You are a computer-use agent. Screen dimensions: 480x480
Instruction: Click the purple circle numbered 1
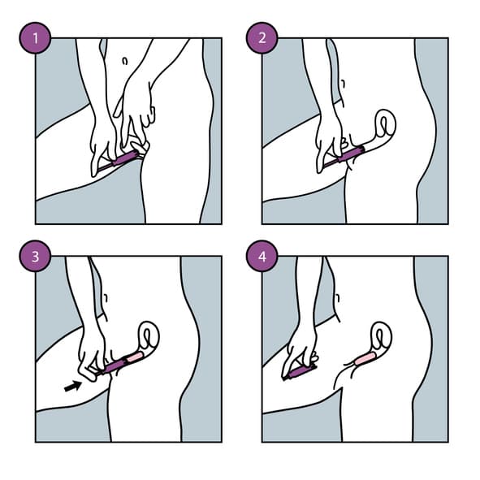tap(35, 38)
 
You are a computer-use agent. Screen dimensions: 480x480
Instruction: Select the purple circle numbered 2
tap(262, 38)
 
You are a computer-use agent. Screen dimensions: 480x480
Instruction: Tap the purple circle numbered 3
tap(35, 256)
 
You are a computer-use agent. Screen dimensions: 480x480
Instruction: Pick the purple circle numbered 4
tap(262, 256)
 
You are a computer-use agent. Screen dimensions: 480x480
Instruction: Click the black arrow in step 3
tap(73, 387)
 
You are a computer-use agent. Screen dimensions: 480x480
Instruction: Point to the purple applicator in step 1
tap(121, 159)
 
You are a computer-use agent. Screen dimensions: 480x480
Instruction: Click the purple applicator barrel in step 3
tap(114, 365)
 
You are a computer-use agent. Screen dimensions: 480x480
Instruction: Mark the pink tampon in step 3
tap(135, 357)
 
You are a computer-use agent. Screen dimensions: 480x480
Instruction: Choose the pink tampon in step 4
tap(365, 358)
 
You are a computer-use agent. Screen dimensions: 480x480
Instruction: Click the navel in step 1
tap(124, 61)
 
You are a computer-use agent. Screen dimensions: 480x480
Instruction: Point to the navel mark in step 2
tap(343, 84)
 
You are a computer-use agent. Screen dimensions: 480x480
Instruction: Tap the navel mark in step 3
tap(106, 298)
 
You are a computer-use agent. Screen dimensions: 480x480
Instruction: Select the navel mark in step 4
tap(338, 298)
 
